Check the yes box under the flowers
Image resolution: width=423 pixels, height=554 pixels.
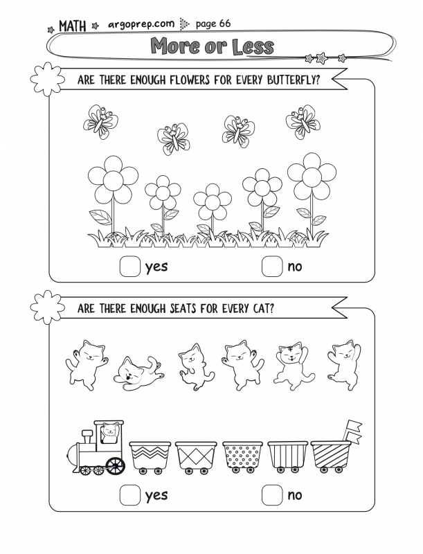130,267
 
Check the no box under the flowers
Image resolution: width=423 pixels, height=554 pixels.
272,267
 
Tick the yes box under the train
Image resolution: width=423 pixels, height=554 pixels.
130,495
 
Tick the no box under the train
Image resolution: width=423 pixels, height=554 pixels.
272,495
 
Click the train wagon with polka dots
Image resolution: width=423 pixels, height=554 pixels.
243,456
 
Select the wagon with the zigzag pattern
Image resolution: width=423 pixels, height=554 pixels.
150,457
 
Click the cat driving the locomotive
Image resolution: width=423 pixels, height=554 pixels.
109,432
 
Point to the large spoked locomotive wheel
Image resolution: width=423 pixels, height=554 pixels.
115,465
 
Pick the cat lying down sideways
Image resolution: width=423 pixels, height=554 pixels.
138,374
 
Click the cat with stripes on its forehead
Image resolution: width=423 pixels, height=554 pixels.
294,366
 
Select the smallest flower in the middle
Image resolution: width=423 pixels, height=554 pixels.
213,202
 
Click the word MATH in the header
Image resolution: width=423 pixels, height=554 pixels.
73,26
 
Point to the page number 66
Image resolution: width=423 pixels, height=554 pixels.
225,24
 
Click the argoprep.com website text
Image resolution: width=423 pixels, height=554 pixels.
141,24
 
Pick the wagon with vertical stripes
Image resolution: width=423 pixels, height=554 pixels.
287,456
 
